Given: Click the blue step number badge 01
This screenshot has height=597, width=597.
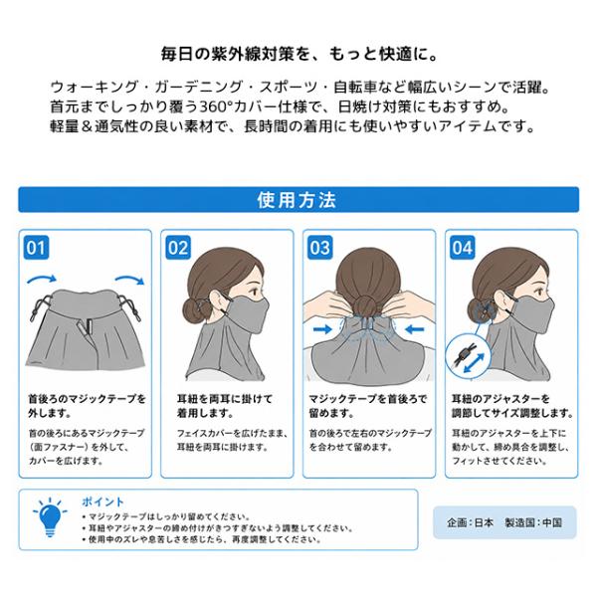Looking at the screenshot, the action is pyautogui.click(x=36, y=248).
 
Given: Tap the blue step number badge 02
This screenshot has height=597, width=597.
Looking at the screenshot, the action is pyautogui.click(x=178, y=248).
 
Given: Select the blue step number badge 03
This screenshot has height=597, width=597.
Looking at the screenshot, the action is pyautogui.click(x=320, y=248).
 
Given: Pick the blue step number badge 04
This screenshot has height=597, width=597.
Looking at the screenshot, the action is pyautogui.click(x=463, y=248).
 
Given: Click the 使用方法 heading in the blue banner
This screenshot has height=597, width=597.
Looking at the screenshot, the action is pyautogui.click(x=297, y=200).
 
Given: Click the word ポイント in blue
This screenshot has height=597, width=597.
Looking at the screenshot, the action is pyautogui.click(x=102, y=501).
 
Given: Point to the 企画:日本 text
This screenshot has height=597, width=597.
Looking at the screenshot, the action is pyautogui.click(x=471, y=522).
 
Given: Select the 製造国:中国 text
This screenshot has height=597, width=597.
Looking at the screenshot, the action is pyautogui.click(x=533, y=522).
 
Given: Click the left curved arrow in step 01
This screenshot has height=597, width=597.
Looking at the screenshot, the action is pyautogui.click(x=42, y=279).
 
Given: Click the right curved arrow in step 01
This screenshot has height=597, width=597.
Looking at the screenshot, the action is pyautogui.click(x=130, y=279).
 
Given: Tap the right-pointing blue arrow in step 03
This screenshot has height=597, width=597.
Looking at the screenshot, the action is pyautogui.click(x=323, y=328).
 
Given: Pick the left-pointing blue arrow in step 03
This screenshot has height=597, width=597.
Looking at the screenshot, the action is pyautogui.click(x=415, y=328).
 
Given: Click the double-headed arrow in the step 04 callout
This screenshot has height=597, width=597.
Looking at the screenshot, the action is pyautogui.click(x=474, y=363).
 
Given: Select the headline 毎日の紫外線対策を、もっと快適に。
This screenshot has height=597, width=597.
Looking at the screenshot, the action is pyautogui.click(x=299, y=54).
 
